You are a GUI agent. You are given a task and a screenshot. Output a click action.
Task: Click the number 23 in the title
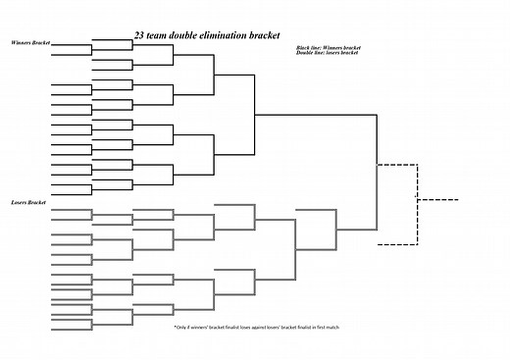[139, 35]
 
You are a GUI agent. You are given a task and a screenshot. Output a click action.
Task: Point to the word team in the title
[156, 35]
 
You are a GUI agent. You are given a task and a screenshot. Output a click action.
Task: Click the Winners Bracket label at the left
[30, 44]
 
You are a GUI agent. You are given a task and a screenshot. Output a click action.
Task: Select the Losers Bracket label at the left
[28, 202]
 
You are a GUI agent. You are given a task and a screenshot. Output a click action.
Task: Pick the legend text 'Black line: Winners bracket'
[328, 47]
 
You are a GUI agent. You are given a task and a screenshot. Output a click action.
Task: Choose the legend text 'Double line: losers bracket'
[327, 52]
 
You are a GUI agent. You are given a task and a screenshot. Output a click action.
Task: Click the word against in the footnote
[258, 327]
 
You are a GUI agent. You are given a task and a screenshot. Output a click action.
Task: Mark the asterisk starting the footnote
[175, 327]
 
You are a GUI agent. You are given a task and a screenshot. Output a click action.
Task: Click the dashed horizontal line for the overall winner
[437, 201]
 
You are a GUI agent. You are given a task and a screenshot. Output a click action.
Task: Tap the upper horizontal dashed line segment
[398, 163]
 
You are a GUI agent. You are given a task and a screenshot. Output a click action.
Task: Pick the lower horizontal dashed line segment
[398, 244]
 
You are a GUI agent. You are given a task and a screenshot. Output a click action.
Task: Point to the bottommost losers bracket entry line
[71, 324]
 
